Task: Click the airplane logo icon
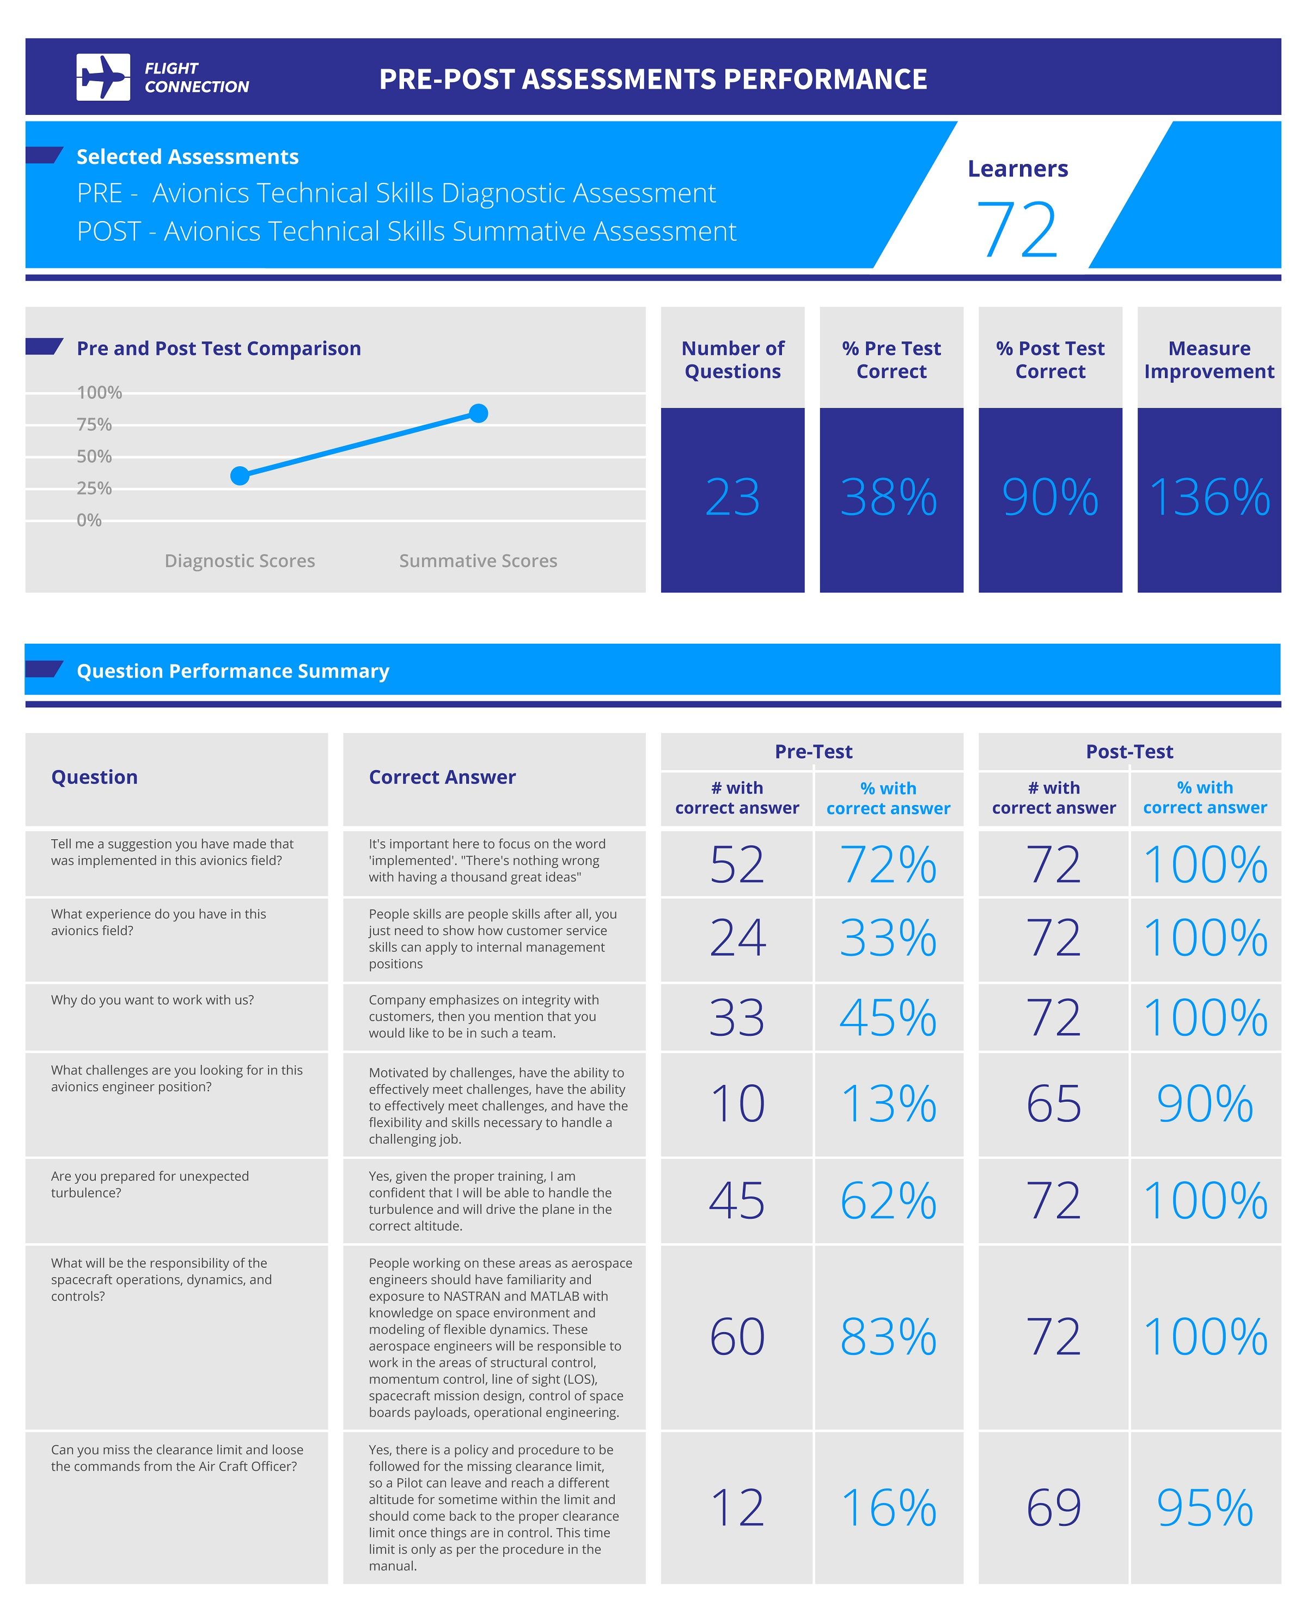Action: tap(103, 77)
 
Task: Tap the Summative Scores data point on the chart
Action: tap(478, 413)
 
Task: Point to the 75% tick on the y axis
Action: tap(94, 425)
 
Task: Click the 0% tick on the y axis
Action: tap(89, 520)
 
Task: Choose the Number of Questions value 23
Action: tap(732, 498)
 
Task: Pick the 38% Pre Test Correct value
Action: tap(889, 498)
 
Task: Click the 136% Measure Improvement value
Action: tap(1208, 498)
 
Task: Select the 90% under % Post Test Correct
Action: tap(1049, 498)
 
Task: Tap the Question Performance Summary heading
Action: tap(233, 671)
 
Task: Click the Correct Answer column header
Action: tap(442, 777)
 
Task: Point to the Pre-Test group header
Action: tap(813, 752)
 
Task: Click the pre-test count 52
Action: tap(737, 864)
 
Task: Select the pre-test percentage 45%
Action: tap(888, 1018)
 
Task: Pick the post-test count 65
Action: tap(1053, 1104)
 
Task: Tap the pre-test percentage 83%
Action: tap(888, 1336)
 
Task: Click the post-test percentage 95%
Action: tap(1205, 1507)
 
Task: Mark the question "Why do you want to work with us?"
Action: tap(153, 1000)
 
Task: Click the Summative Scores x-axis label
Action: tap(478, 561)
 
